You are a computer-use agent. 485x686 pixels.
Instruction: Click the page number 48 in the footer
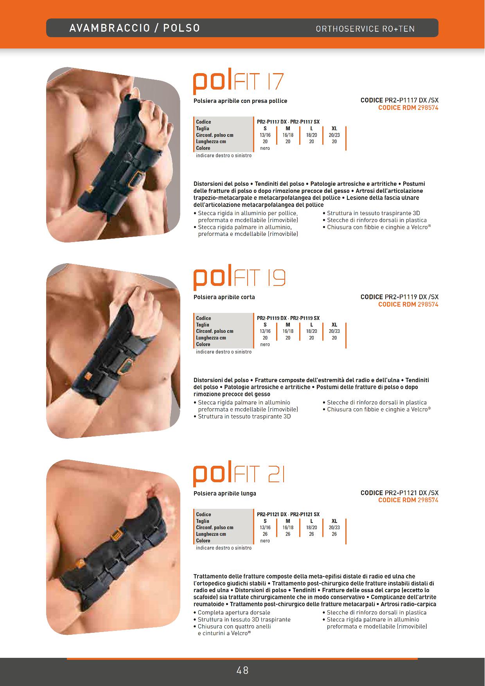click(242, 670)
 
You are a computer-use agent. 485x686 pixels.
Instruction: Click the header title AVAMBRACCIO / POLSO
click(135, 28)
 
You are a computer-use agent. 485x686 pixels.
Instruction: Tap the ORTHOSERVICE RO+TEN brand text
click(365, 29)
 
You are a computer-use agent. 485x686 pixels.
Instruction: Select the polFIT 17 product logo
click(238, 83)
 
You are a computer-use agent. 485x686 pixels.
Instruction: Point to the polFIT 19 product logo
click(239, 279)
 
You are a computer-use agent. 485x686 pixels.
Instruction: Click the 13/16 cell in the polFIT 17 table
click(265, 135)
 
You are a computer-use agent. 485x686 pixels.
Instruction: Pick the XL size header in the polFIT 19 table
click(334, 325)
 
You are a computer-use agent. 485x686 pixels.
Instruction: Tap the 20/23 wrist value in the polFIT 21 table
click(334, 528)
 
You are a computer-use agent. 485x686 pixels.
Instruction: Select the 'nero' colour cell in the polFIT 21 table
click(265, 541)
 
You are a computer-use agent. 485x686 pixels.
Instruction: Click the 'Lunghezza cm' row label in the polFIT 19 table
click(211, 338)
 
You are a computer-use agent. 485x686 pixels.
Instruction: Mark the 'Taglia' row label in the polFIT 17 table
click(203, 128)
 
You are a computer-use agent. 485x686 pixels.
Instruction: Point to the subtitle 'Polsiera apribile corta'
click(224, 297)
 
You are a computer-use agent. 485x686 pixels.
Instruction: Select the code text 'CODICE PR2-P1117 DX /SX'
click(399, 101)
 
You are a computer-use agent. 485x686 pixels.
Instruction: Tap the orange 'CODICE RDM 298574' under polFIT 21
click(408, 500)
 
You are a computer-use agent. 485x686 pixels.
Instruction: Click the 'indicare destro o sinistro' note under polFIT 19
click(224, 352)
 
